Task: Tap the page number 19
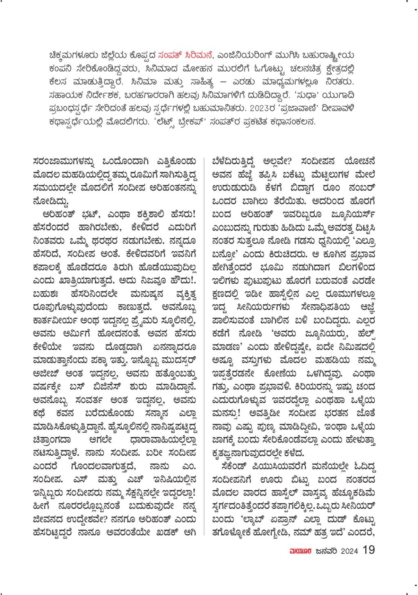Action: click(x=368, y=550)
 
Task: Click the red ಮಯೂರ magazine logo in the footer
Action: click(x=300, y=551)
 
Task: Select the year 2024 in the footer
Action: click(x=349, y=551)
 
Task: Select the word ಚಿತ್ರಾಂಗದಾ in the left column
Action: click(x=52, y=440)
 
